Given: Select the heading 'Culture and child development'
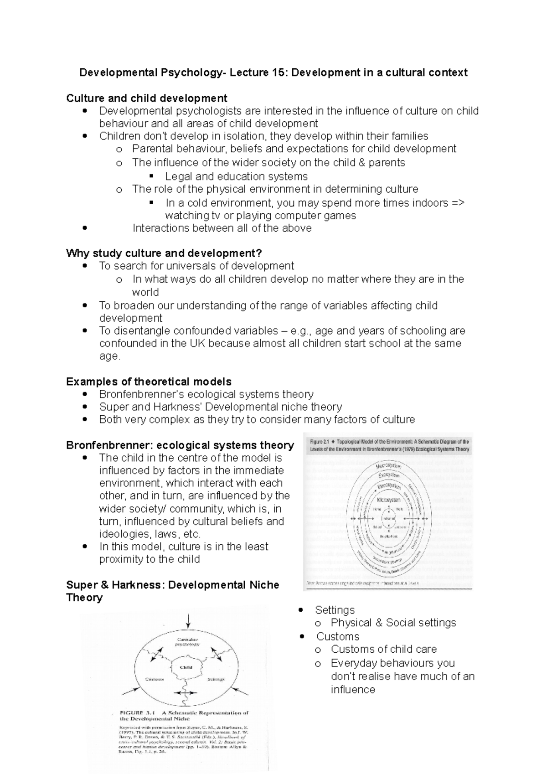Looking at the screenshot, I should point(146,98).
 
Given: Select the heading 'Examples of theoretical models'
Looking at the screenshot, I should point(149,382).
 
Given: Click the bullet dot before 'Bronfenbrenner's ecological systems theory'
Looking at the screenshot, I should point(84,394).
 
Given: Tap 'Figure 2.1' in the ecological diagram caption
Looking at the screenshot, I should point(320,442).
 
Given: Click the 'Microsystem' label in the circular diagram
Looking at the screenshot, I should point(388,500).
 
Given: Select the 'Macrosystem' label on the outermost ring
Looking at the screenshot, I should point(388,466).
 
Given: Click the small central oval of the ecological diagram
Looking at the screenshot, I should point(388,519).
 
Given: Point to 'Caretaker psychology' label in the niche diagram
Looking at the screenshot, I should point(188,642).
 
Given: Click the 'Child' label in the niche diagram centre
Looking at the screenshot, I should point(186,667).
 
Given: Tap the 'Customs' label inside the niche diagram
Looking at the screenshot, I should point(154,679).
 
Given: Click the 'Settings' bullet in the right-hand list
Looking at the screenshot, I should point(335,610).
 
